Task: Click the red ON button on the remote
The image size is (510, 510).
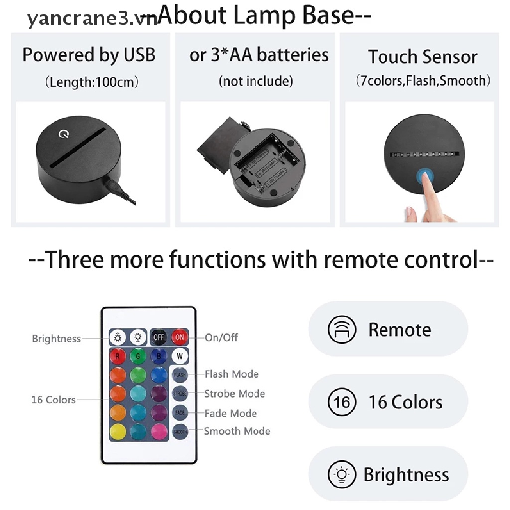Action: tap(180, 337)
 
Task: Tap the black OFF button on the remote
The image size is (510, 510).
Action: tap(159, 337)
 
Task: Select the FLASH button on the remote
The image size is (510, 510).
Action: tap(180, 374)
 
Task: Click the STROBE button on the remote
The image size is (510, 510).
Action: tap(180, 393)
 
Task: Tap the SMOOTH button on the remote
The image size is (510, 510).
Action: tap(180, 432)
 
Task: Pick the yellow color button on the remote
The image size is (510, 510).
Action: tap(118, 431)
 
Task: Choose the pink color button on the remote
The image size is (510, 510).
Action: tap(159, 431)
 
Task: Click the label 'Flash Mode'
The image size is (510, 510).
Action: tap(231, 374)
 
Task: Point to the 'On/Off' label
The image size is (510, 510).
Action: tap(221, 338)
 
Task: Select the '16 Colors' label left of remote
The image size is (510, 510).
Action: tap(53, 400)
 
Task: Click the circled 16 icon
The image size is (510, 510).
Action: tap(342, 402)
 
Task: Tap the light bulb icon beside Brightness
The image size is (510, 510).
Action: tap(342, 474)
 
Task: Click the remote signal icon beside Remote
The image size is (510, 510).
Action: tap(342, 330)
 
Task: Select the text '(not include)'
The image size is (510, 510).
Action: tap(255, 81)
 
